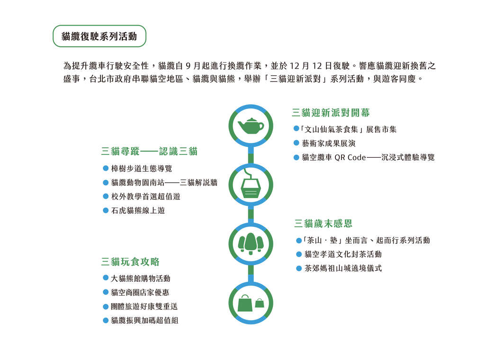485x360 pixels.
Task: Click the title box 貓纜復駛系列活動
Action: [x=99, y=36]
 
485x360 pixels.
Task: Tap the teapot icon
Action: [x=251, y=126]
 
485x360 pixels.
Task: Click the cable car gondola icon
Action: [x=251, y=184]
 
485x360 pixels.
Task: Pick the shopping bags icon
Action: [x=251, y=303]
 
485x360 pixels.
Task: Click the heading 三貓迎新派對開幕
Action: [x=331, y=113]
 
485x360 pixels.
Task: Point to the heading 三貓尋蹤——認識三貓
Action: [x=149, y=151]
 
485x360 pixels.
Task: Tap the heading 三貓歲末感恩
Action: [x=323, y=223]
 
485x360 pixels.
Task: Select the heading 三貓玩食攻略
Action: [x=130, y=261]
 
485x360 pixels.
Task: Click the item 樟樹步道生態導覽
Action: [x=141, y=169]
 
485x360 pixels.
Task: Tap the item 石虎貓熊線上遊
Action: [x=138, y=211]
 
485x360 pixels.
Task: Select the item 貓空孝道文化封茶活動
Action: [x=343, y=254]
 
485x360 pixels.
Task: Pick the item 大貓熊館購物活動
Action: [x=140, y=279]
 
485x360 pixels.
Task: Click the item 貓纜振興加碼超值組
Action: [x=144, y=320]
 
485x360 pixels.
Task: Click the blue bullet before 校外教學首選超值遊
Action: [x=106, y=197]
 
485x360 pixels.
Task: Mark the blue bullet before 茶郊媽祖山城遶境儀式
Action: [x=299, y=269]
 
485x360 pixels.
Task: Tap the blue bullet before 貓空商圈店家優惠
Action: [x=106, y=292]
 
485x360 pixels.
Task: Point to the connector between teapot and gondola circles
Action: [x=251, y=154]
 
